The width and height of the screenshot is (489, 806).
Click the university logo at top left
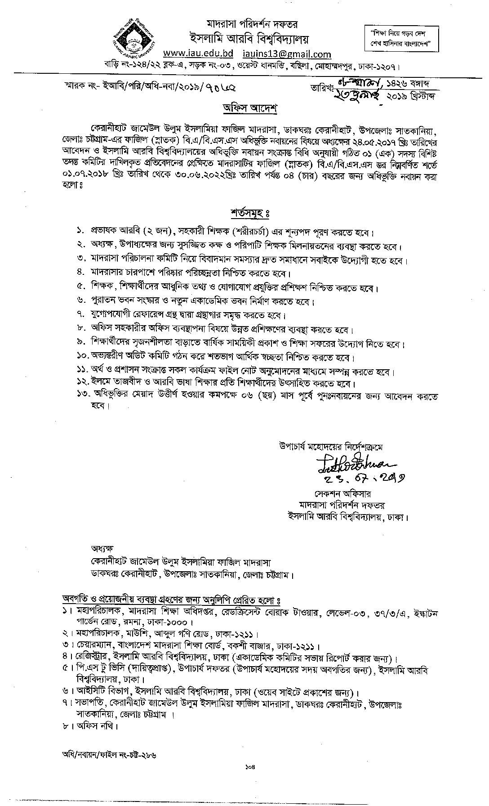[134, 38]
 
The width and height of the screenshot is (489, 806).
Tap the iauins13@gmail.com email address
[286, 54]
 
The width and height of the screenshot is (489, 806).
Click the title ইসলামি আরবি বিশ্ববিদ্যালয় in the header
[243, 39]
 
